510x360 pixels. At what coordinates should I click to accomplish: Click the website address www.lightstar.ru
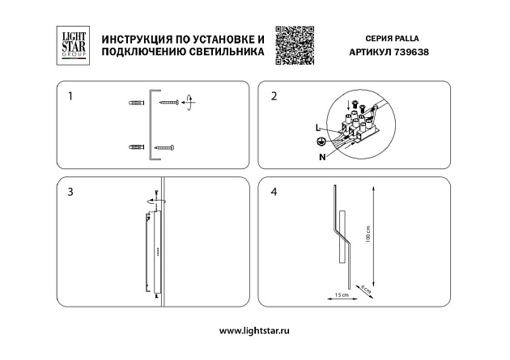(x=255, y=331)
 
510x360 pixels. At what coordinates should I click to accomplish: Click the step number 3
(x=71, y=192)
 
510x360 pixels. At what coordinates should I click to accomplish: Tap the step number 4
(x=274, y=192)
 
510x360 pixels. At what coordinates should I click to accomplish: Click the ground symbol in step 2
(x=321, y=142)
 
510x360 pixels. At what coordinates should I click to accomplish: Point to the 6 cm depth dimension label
(x=366, y=289)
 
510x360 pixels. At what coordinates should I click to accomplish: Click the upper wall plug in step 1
(x=137, y=103)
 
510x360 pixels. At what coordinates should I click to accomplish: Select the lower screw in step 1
(x=165, y=147)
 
